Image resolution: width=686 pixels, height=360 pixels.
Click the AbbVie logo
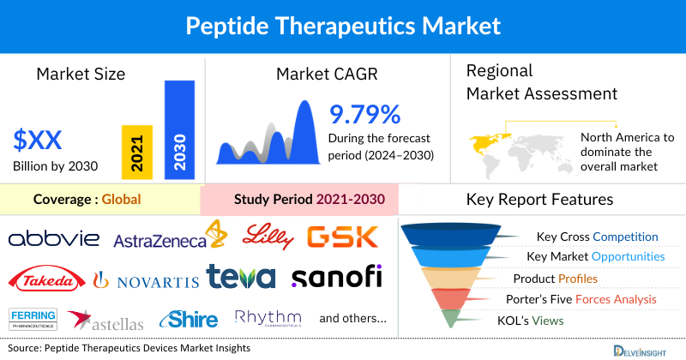pos(52,238)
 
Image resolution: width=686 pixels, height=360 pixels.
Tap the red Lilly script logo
pos(268,235)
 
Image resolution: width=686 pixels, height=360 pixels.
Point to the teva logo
pos(241,277)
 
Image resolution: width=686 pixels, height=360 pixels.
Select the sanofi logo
pos(336,277)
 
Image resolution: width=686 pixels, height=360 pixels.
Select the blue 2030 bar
pos(179,130)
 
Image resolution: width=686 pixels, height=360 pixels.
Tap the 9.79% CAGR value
pos(365,114)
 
